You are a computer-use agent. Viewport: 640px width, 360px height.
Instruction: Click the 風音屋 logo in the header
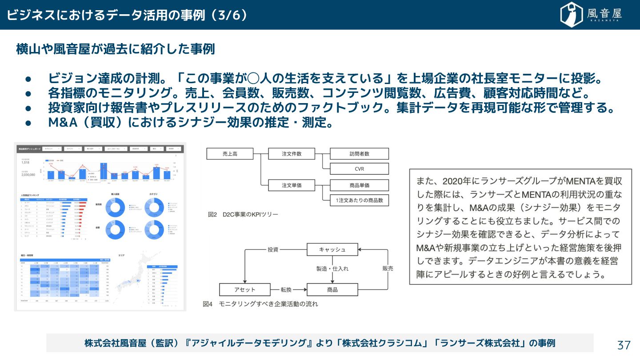point(591,15)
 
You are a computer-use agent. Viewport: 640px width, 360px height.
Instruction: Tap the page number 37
point(624,345)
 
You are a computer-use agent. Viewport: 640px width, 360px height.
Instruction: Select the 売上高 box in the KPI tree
point(230,154)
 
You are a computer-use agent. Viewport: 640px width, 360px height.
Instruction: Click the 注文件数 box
point(292,154)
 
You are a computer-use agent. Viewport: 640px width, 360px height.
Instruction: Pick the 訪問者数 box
point(359,154)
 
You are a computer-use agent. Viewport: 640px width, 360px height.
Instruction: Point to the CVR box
point(359,169)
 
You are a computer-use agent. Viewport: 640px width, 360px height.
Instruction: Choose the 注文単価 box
point(292,185)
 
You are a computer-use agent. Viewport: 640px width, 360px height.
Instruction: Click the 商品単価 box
point(359,185)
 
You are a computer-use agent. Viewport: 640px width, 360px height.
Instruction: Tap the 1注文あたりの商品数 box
point(359,200)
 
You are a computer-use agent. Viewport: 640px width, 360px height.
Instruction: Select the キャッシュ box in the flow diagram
point(332,249)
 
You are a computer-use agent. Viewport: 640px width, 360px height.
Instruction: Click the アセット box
point(244,289)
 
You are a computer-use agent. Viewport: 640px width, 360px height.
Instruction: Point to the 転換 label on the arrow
point(286,289)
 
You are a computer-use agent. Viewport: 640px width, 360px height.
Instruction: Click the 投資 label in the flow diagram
point(273,249)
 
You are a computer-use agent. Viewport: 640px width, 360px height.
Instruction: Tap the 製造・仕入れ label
point(332,269)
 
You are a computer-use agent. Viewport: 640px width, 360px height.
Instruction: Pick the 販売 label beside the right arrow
point(388,268)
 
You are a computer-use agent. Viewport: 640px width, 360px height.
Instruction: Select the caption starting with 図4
point(260,304)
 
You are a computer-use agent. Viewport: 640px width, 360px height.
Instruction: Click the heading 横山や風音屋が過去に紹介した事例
point(115,49)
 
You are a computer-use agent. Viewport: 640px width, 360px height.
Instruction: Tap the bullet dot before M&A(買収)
point(28,123)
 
